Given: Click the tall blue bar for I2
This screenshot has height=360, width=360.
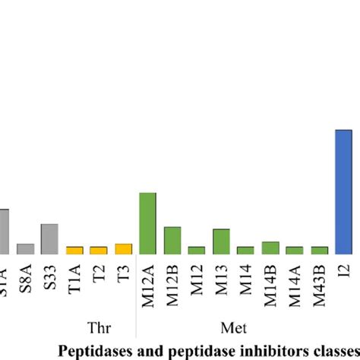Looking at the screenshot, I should tap(344, 191).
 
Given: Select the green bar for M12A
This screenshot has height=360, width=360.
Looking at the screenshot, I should tap(148, 223).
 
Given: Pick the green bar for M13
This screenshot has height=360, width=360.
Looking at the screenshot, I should tap(221, 241).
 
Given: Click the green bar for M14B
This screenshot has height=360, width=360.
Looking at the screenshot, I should tap(270, 248).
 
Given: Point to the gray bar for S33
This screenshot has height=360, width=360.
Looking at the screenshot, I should tap(49, 238).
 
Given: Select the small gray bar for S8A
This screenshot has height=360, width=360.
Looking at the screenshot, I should tap(25, 248).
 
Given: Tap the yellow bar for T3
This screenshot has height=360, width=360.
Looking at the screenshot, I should tap(123, 248).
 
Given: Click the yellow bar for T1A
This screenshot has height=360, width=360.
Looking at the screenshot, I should tap(74, 250).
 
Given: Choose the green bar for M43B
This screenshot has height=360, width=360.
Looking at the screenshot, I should tap(320, 250).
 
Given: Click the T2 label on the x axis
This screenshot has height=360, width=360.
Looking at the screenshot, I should tap(99, 274).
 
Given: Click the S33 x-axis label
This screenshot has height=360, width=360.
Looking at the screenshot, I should tap(49, 275).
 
